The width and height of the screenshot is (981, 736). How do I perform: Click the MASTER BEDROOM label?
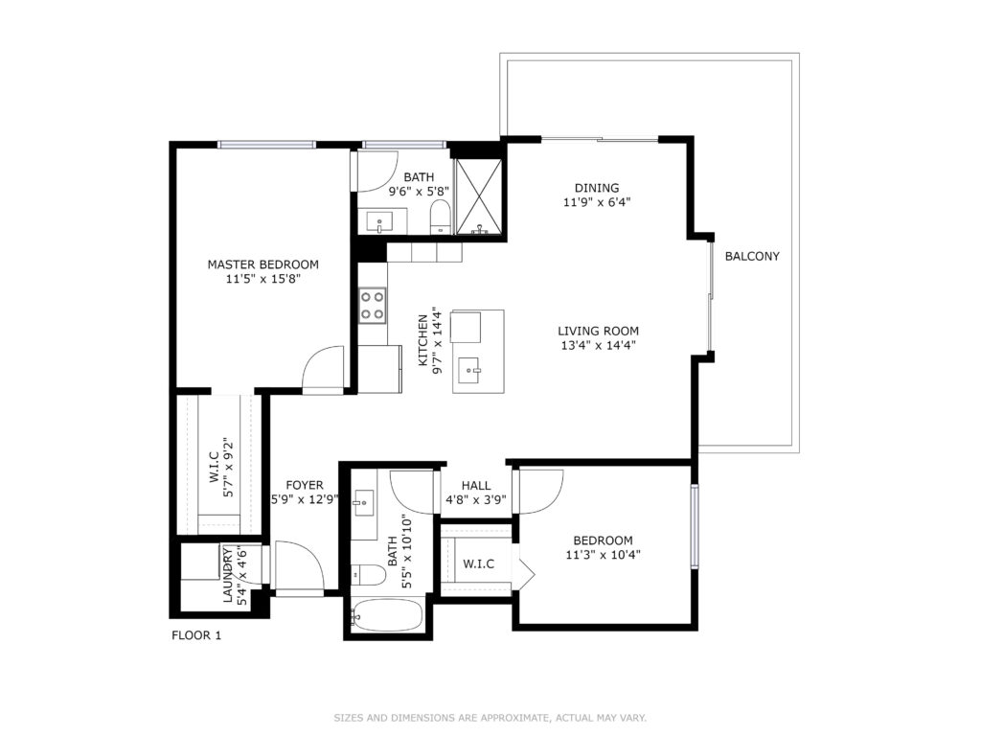tap(262, 264)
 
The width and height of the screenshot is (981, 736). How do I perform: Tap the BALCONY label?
tap(752, 256)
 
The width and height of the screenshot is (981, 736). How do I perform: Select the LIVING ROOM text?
tap(598, 331)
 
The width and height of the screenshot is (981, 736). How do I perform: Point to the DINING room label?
tap(597, 188)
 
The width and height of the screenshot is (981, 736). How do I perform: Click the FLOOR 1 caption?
tap(196, 635)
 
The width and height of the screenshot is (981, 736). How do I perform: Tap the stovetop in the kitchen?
tap(372, 306)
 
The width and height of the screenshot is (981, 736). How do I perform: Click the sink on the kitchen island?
tap(468, 370)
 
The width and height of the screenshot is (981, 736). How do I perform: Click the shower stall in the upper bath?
tap(479, 197)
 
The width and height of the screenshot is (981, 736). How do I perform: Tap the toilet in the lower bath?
tap(369, 575)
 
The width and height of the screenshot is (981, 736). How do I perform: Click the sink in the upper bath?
tap(379, 222)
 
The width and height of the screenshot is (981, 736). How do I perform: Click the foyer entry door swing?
tap(300, 565)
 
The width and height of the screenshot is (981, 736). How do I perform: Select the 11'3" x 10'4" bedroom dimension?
tap(604, 555)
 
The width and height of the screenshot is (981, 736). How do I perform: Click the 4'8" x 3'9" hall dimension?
tap(476, 499)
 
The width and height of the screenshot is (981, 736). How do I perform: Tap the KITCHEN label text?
tap(422, 340)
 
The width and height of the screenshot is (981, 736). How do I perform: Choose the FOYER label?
tap(305, 485)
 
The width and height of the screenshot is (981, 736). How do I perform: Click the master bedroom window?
tap(266, 146)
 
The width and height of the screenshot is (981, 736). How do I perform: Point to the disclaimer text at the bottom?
tap(490, 718)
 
